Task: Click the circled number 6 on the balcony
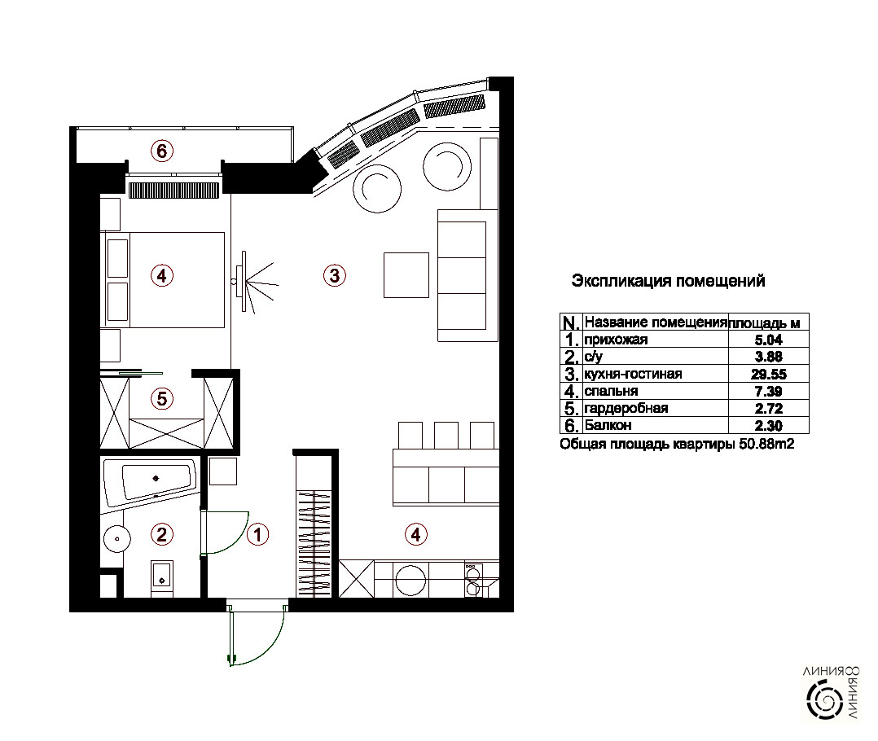click(162, 151)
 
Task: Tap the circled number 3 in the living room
click(334, 275)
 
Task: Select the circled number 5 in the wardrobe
click(162, 398)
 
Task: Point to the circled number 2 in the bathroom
click(162, 534)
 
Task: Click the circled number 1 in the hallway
click(257, 534)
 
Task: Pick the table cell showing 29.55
click(769, 374)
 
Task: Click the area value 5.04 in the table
click(769, 340)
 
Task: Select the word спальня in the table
click(611, 391)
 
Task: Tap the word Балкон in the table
click(608, 425)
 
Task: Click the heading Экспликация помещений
click(668, 280)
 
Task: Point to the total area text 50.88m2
click(766, 445)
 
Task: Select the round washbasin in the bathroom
click(117, 539)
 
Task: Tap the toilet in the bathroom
click(162, 578)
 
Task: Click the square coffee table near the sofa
click(406, 274)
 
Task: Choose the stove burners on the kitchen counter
click(473, 580)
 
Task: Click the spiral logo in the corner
click(824, 699)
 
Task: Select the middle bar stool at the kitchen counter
click(446, 435)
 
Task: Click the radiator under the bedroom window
click(173, 191)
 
